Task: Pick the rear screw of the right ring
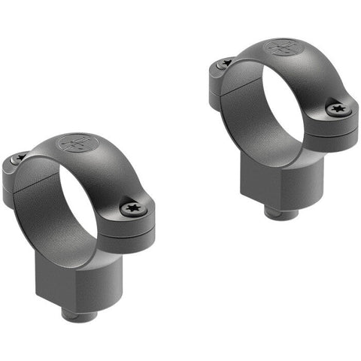(226, 62)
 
